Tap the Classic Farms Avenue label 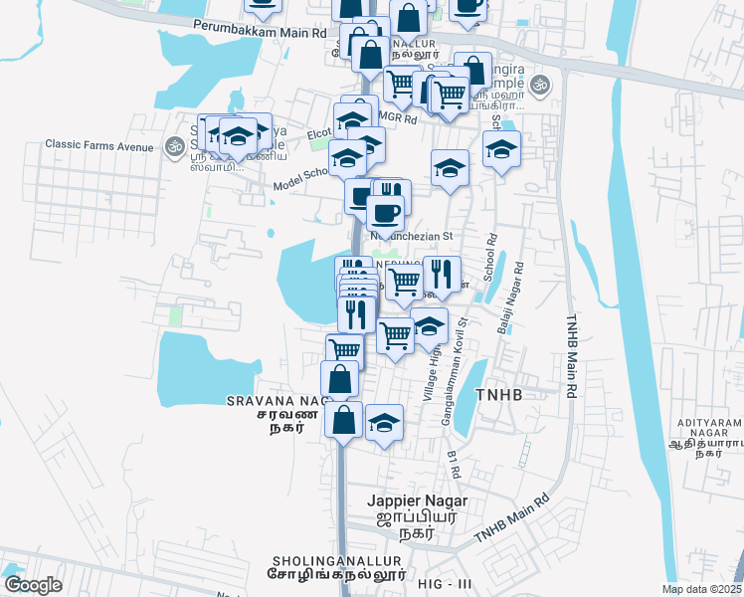pos(98,145)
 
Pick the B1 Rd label pos(454,463)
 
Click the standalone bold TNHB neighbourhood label pos(498,394)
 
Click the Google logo pos(33,584)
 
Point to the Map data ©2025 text pos(701,589)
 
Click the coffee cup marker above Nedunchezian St pos(385,212)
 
